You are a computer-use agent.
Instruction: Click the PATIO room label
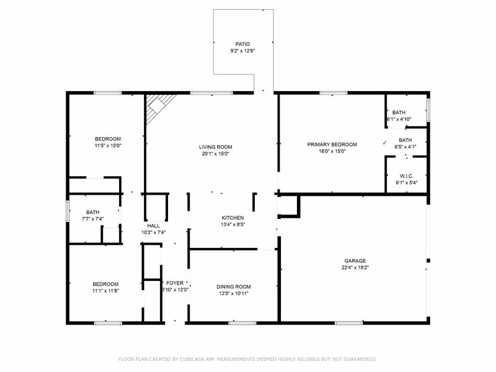tap(242, 44)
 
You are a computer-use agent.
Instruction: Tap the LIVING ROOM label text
tap(215, 147)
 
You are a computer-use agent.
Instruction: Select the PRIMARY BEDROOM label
tap(332, 144)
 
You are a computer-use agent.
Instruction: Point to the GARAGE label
tap(355, 261)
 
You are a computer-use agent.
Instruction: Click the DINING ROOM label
tap(234, 287)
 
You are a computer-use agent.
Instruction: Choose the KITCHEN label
tap(233, 218)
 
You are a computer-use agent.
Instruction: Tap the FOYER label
tap(175, 283)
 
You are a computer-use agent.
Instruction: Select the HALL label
tap(153, 226)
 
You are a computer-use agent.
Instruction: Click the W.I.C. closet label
tap(407, 176)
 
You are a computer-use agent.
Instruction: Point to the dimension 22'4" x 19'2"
tap(355, 268)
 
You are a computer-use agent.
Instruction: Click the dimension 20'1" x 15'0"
tap(215, 154)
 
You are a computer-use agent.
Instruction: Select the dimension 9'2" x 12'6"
tap(242, 51)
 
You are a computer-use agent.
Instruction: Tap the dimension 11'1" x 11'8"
tap(105, 291)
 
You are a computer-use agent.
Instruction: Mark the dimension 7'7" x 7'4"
tap(93, 219)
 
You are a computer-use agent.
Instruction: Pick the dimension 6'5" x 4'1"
tap(405, 147)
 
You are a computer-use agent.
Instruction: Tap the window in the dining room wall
tap(242, 323)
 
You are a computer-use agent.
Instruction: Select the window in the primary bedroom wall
tap(334, 93)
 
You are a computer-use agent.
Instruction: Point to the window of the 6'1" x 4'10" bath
tap(428, 110)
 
